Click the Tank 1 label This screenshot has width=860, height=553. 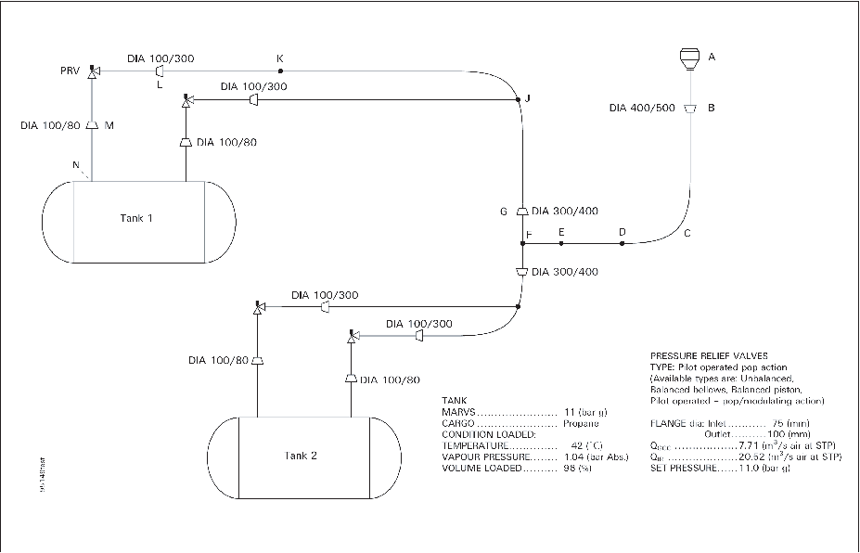[136, 218]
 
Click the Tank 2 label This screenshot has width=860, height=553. [302, 455]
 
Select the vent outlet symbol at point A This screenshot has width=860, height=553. [687, 58]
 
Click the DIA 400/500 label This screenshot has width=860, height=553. [642, 108]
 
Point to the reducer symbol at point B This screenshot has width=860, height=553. [688, 108]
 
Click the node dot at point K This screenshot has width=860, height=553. [279, 71]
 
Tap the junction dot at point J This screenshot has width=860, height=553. [517, 99]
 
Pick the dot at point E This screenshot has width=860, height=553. [561, 244]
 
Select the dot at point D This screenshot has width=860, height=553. [623, 244]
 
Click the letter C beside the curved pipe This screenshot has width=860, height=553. [687, 233]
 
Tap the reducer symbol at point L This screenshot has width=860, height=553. [160, 71]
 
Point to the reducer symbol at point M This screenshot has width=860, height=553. [93, 125]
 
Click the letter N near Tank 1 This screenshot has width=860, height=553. [76, 165]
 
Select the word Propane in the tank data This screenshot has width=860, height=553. [579, 422]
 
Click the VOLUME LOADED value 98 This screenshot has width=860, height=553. [571, 469]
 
